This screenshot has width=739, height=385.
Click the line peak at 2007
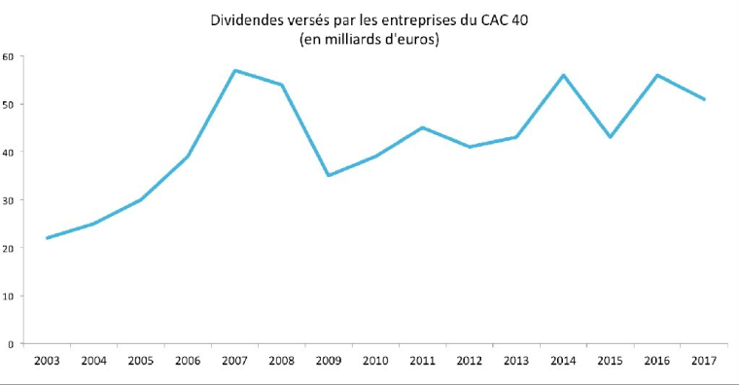click(x=234, y=70)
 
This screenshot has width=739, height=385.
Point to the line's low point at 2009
click(x=329, y=176)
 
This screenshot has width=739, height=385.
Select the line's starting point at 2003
click(x=46, y=238)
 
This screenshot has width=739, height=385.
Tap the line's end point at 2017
click(x=704, y=99)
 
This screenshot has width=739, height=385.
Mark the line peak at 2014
click(x=563, y=75)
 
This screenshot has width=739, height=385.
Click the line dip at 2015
click(x=610, y=137)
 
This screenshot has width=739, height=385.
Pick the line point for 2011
click(x=422, y=127)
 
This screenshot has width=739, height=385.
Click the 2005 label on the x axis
click(x=140, y=362)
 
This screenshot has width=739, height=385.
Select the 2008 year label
click(x=281, y=362)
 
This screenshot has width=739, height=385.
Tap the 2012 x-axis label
click(x=469, y=362)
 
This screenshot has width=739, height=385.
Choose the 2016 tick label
click(x=656, y=362)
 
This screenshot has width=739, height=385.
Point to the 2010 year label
click(x=375, y=362)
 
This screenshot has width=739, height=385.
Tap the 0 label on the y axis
click(x=10, y=344)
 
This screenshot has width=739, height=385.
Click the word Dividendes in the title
click(x=240, y=19)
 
